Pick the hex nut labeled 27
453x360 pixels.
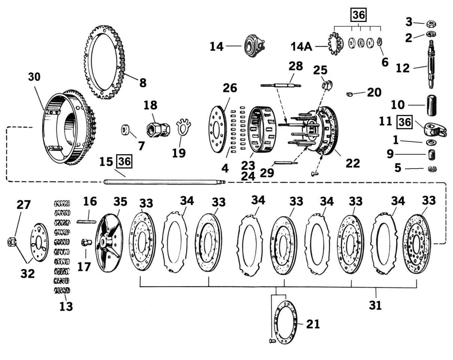tap(11, 242)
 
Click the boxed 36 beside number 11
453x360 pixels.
tap(404, 122)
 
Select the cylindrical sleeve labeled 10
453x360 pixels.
tap(430, 105)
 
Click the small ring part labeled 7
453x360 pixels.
tap(126, 130)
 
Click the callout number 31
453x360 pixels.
tap(375, 305)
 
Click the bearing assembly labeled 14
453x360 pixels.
tap(253, 46)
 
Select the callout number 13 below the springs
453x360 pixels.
tap(66, 306)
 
